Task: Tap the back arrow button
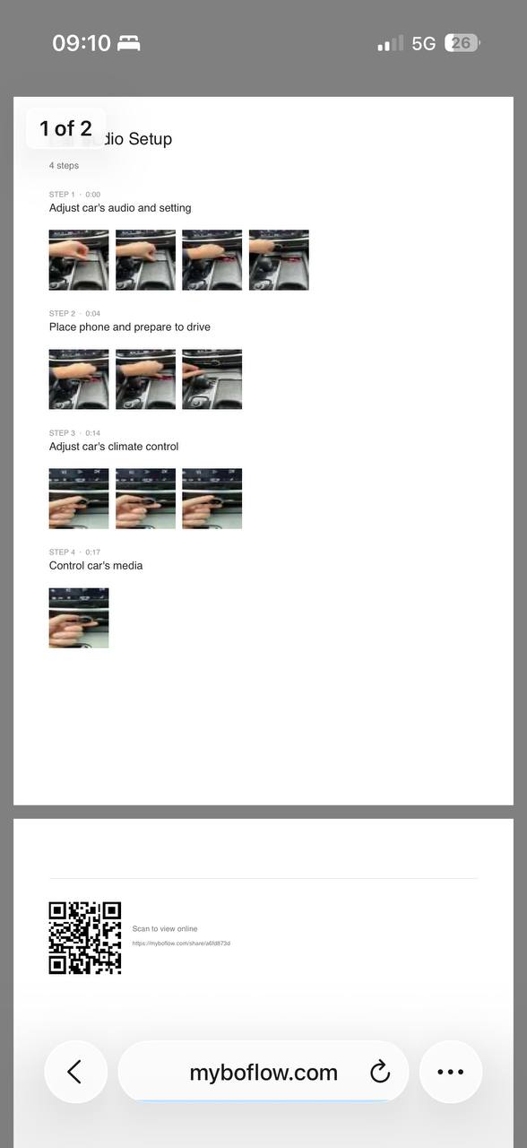pyautogui.click(x=75, y=1072)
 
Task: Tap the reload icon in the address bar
pyautogui.click(x=380, y=1072)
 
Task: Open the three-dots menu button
pyautogui.click(x=450, y=1072)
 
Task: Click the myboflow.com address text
pyautogui.click(x=263, y=1073)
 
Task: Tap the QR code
pyautogui.click(x=84, y=938)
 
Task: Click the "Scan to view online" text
pyautogui.click(x=165, y=929)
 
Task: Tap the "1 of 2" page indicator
pyautogui.click(x=65, y=128)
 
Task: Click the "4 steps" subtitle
pyautogui.click(x=64, y=166)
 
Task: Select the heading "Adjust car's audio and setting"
pyautogui.click(x=120, y=208)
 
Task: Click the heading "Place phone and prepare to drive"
pyautogui.click(x=130, y=327)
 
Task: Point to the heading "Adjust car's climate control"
pyautogui.click(x=114, y=447)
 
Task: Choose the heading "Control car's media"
pyautogui.click(x=96, y=566)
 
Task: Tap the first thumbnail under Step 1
pyautogui.click(x=79, y=260)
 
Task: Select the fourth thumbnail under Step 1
pyautogui.click(x=279, y=260)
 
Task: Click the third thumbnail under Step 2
pyautogui.click(x=212, y=379)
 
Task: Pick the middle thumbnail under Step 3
pyautogui.click(x=145, y=499)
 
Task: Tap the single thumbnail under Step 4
pyautogui.click(x=79, y=618)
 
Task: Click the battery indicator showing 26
pyautogui.click(x=462, y=43)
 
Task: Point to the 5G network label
pyautogui.click(x=424, y=44)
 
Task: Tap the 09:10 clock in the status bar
pyautogui.click(x=81, y=43)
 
